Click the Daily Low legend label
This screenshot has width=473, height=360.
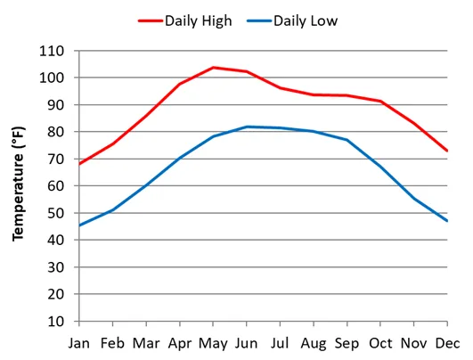pos(306,20)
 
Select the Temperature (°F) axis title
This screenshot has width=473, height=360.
pos(17,184)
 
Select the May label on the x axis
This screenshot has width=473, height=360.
pos(213,342)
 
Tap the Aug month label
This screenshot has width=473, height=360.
pos(314,342)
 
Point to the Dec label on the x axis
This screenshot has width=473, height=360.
pos(447,342)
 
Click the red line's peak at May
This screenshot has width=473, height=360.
pos(213,68)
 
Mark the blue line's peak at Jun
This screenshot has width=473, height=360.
pos(247,127)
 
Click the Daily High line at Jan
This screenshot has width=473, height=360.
pos(79,164)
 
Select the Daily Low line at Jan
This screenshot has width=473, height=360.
pos(79,225)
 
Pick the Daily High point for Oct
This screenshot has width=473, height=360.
pos(380,101)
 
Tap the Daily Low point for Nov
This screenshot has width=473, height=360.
pos(414,198)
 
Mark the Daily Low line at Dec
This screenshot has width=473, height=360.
pos(447,221)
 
